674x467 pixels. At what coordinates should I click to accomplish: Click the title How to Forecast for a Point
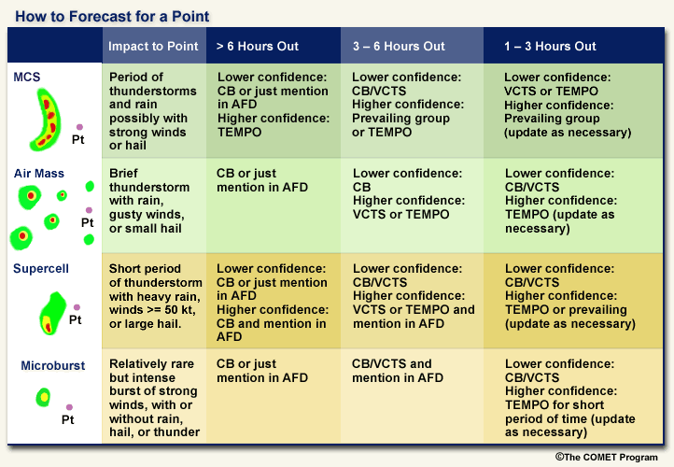[112, 16]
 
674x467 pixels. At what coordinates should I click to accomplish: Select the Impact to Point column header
[153, 46]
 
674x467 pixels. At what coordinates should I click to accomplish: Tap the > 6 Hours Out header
[257, 46]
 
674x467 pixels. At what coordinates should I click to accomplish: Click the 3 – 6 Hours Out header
[399, 46]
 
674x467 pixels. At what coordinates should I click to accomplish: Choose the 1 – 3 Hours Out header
[550, 46]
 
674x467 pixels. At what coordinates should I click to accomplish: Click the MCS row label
[27, 77]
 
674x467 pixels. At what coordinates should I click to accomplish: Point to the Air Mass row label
[38, 174]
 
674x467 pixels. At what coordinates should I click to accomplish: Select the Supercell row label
[41, 268]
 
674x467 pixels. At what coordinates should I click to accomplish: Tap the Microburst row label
[53, 365]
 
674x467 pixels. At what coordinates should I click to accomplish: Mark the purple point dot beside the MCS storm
[79, 127]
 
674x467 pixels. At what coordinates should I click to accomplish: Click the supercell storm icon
[52, 314]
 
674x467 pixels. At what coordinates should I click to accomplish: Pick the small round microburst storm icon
[43, 397]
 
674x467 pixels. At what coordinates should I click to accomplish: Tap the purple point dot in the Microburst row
[69, 407]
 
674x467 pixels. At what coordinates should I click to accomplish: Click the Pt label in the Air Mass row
[87, 222]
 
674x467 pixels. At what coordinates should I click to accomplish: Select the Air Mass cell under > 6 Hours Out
[274, 205]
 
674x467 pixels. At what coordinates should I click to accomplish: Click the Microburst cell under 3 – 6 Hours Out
[412, 396]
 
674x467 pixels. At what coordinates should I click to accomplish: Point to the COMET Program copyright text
[606, 457]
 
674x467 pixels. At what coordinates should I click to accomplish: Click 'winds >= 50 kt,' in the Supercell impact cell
[152, 309]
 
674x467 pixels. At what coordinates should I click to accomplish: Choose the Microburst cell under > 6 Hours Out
[274, 396]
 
